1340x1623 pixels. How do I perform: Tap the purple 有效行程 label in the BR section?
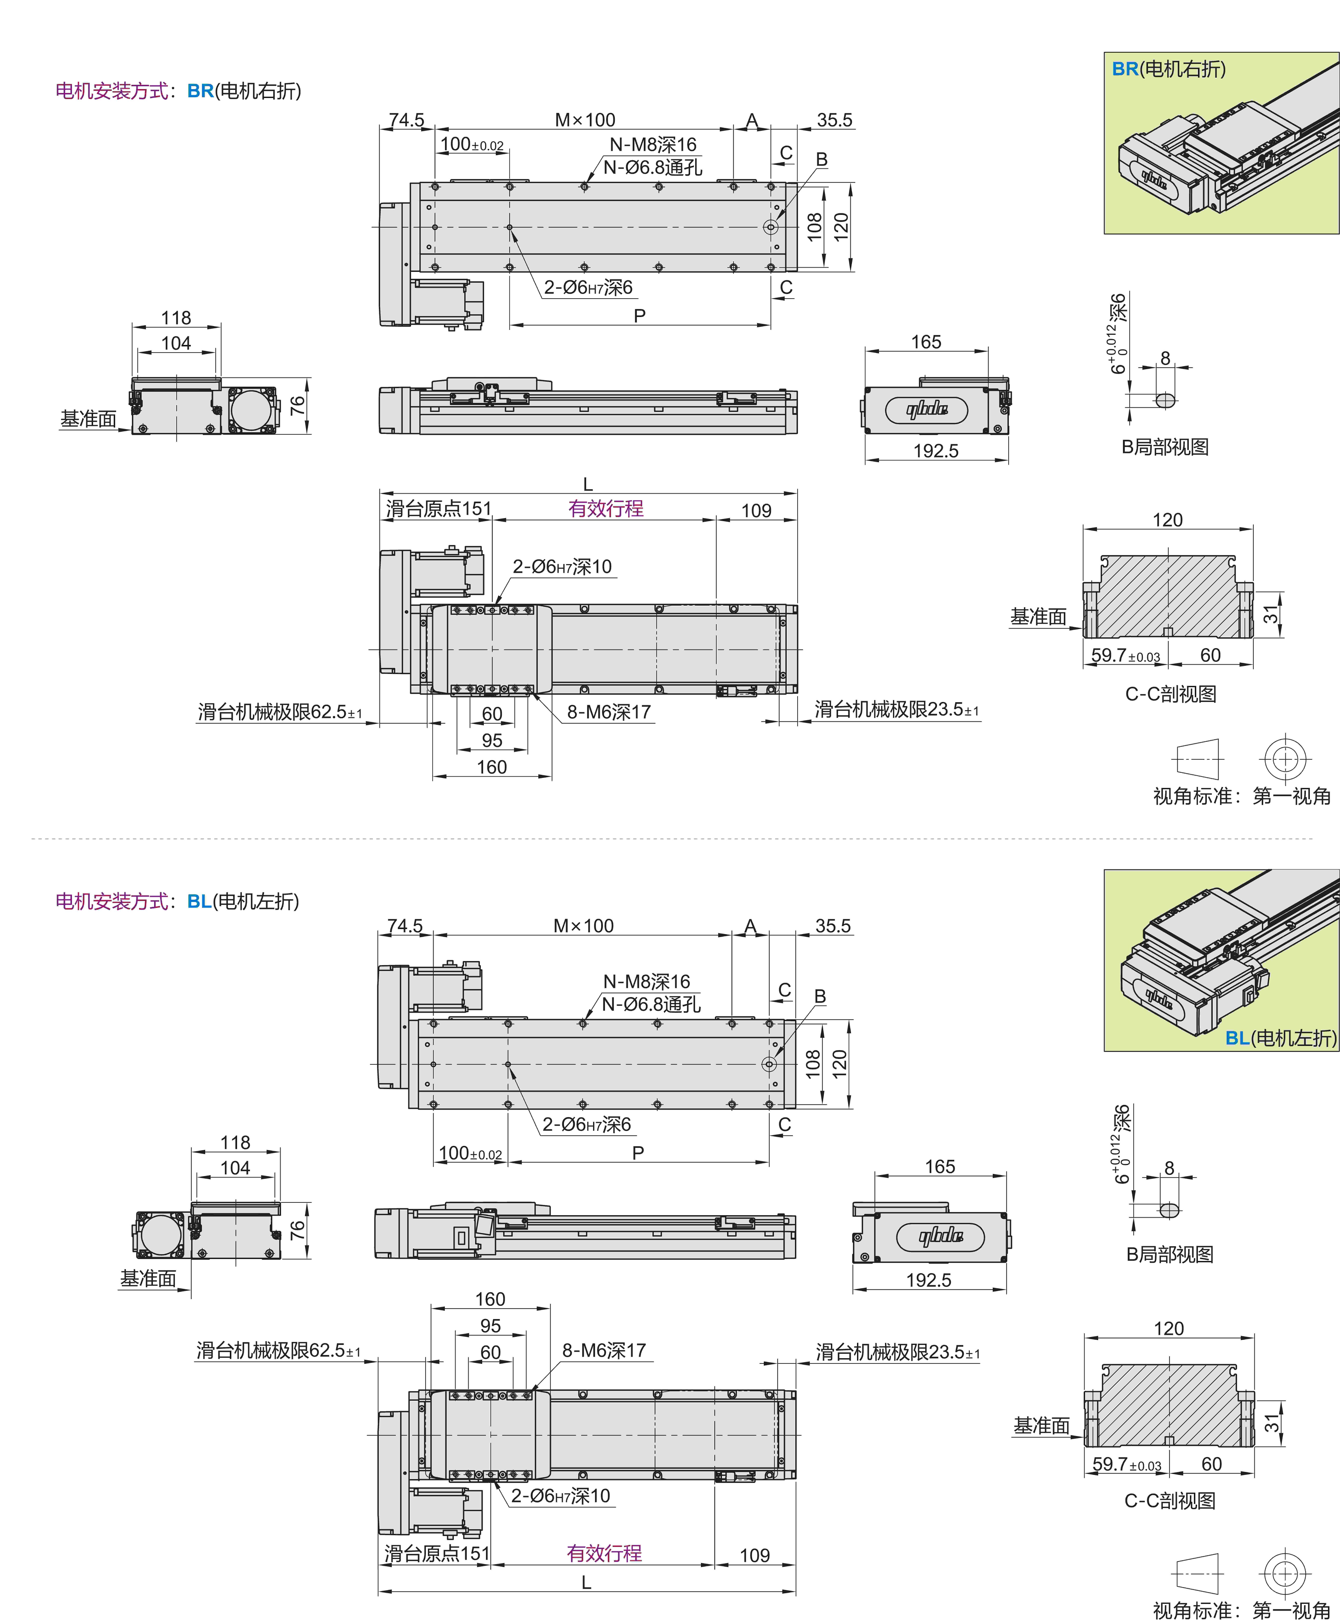pyautogui.click(x=606, y=508)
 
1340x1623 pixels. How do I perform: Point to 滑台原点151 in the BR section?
pyautogui.click(x=438, y=508)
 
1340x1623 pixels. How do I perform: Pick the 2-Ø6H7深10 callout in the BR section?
pyautogui.click(x=562, y=567)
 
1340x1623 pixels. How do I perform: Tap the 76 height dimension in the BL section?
pyautogui.click(x=297, y=1230)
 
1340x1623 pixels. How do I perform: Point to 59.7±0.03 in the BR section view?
pyautogui.click(x=1125, y=656)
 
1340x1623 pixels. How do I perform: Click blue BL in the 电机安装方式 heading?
pyautogui.click(x=199, y=901)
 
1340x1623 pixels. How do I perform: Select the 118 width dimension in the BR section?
pyautogui.click(x=176, y=318)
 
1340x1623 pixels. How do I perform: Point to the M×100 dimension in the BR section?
pyautogui.click(x=585, y=120)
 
